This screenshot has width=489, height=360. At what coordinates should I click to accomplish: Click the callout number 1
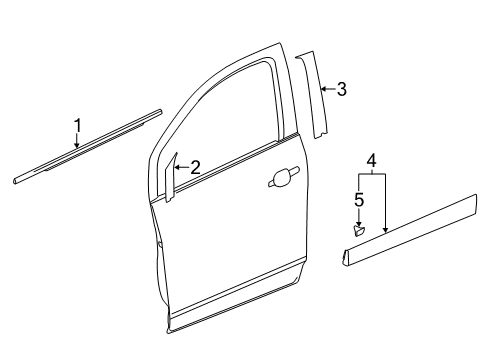click(x=76, y=125)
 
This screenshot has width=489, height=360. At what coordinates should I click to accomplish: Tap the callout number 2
click(x=195, y=168)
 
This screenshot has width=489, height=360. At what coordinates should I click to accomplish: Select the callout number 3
click(x=341, y=90)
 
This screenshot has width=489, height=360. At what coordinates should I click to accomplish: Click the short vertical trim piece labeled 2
click(x=171, y=179)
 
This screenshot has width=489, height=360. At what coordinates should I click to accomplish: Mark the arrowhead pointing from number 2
click(x=176, y=169)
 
